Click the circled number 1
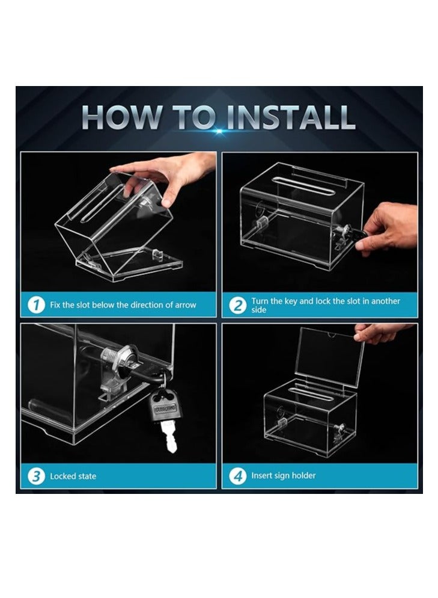click(37, 305)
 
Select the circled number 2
click(238, 305)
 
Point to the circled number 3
click(37, 476)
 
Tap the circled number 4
click(238, 476)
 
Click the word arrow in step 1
click(186, 305)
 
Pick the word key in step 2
click(291, 301)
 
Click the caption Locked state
click(73, 476)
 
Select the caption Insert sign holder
click(284, 476)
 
